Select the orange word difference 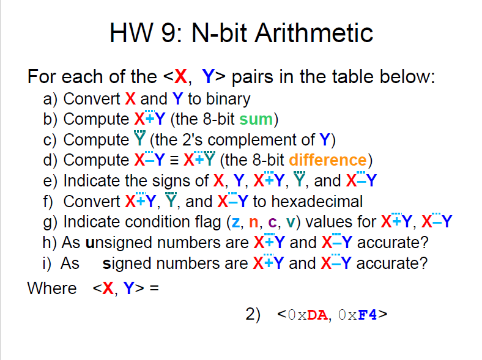pyautogui.click(x=327, y=160)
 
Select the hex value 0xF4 pyautogui.click(x=360, y=315)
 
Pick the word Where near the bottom pyautogui.click(x=52, y=288)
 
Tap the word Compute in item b pyautogui.click(x=96, y=119)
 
